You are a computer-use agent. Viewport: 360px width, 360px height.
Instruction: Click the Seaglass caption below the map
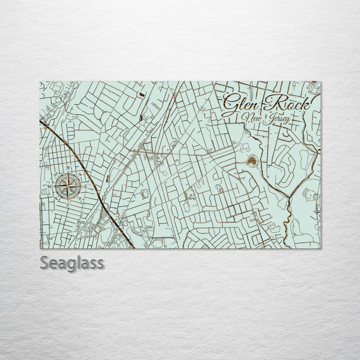point(72,263)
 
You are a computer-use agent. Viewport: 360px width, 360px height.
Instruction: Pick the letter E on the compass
point(85,186)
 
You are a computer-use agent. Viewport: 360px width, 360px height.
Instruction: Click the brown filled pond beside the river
point(251,161)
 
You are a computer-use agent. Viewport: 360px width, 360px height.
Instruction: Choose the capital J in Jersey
point(268,119)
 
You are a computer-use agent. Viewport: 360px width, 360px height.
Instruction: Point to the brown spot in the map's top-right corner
point(313,82)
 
